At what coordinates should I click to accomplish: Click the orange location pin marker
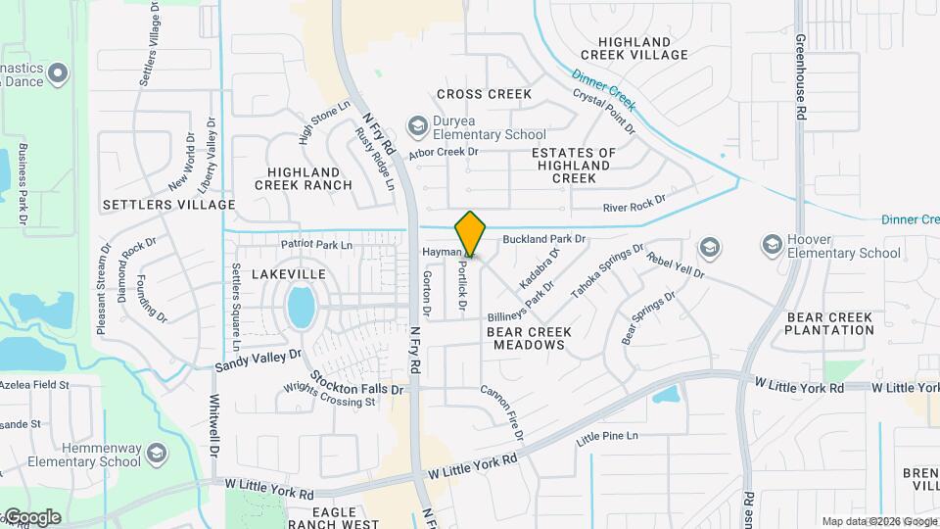tap(470, 233)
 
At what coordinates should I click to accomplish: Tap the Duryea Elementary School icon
tap(418, 125)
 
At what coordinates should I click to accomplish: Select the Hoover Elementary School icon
tap(772, 244)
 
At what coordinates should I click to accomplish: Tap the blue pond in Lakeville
tap(302, 308)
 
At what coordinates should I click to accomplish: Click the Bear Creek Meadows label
tap(530, 339)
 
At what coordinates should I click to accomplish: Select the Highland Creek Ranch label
tap(303, 178)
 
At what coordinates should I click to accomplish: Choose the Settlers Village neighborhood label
tap(168, 205)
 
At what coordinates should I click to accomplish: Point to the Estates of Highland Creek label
tap(574, 166)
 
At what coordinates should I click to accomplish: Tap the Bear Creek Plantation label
tap(828, 323)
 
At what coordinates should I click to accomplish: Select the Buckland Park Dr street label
tap(543, 238)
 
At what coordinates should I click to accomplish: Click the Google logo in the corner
tap(31, 517)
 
